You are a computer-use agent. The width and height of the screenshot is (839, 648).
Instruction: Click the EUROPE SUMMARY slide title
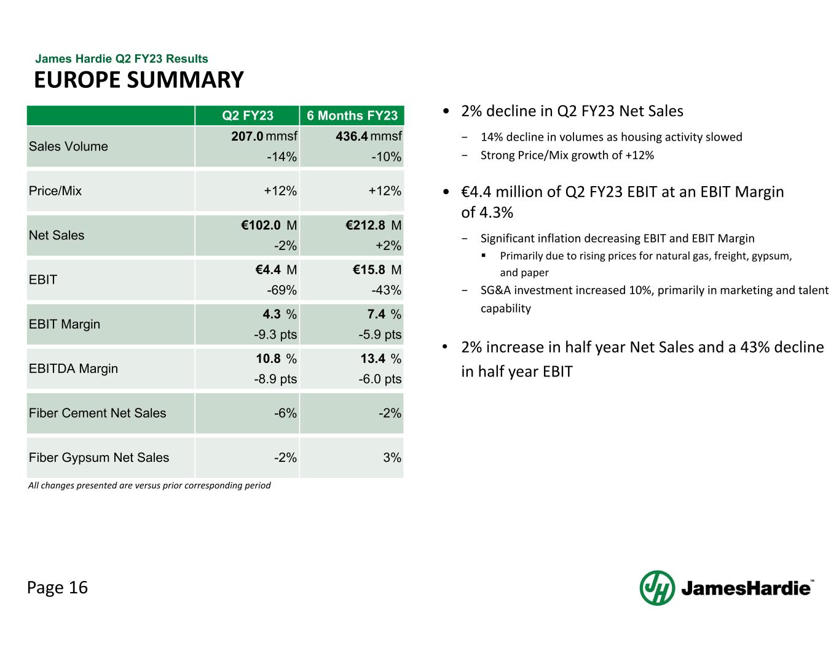click(139, 80)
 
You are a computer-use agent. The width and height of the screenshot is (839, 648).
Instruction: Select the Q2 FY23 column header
click(248, 115)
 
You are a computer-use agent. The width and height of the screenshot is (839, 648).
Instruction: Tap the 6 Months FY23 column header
click(352, 115)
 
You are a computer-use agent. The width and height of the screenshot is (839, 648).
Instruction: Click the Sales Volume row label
click(68, 146)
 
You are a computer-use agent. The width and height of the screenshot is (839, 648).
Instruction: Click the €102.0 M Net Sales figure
click(269, 225)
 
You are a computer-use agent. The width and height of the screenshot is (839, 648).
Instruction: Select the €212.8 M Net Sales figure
click(373, 225)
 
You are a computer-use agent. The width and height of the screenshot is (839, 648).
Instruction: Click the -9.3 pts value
click(275, 335)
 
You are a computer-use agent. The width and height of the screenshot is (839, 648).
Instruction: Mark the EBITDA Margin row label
click(73, 369)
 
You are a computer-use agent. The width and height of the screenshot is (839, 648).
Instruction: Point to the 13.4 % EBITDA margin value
click(380, 359)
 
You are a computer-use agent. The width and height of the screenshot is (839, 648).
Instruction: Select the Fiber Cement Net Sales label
click(97, 413)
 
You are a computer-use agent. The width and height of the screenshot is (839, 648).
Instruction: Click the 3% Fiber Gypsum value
click(392, 458)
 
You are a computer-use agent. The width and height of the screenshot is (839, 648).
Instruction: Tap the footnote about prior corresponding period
click(149, 485)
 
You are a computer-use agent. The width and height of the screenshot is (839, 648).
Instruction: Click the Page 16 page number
click(57, 588)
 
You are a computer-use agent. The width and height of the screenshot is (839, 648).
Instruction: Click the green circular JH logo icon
click(657, 588)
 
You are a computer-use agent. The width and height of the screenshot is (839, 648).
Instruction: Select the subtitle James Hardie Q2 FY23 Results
click(122, 59)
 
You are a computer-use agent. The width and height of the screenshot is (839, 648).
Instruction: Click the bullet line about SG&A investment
click(654, 291)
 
